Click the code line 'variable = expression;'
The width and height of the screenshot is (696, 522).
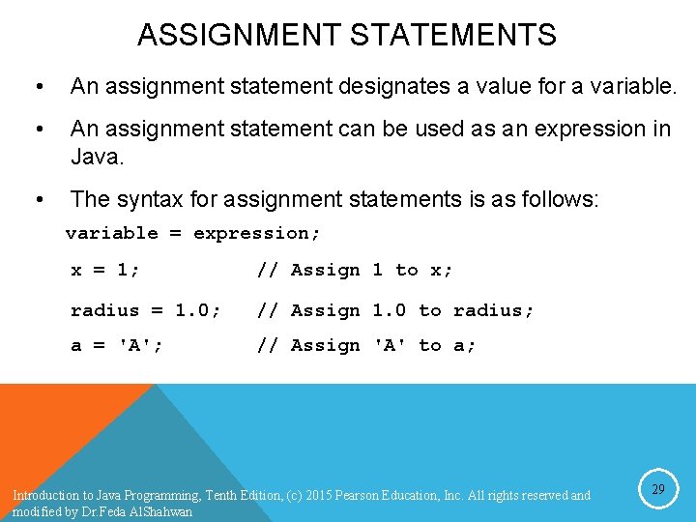click(193, 233)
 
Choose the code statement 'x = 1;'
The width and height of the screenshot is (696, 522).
click(105, 271)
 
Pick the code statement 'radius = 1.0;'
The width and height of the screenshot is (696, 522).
click(146, 310)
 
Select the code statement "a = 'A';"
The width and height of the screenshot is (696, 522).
click(117, 345)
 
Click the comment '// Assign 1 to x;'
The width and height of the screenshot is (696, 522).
click(355, 271)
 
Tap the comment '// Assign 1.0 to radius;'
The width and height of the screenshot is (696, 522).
click(395, 310)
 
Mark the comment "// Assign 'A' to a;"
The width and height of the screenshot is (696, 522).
click(366, 345)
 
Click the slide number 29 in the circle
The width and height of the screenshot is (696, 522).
click(657, 490)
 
